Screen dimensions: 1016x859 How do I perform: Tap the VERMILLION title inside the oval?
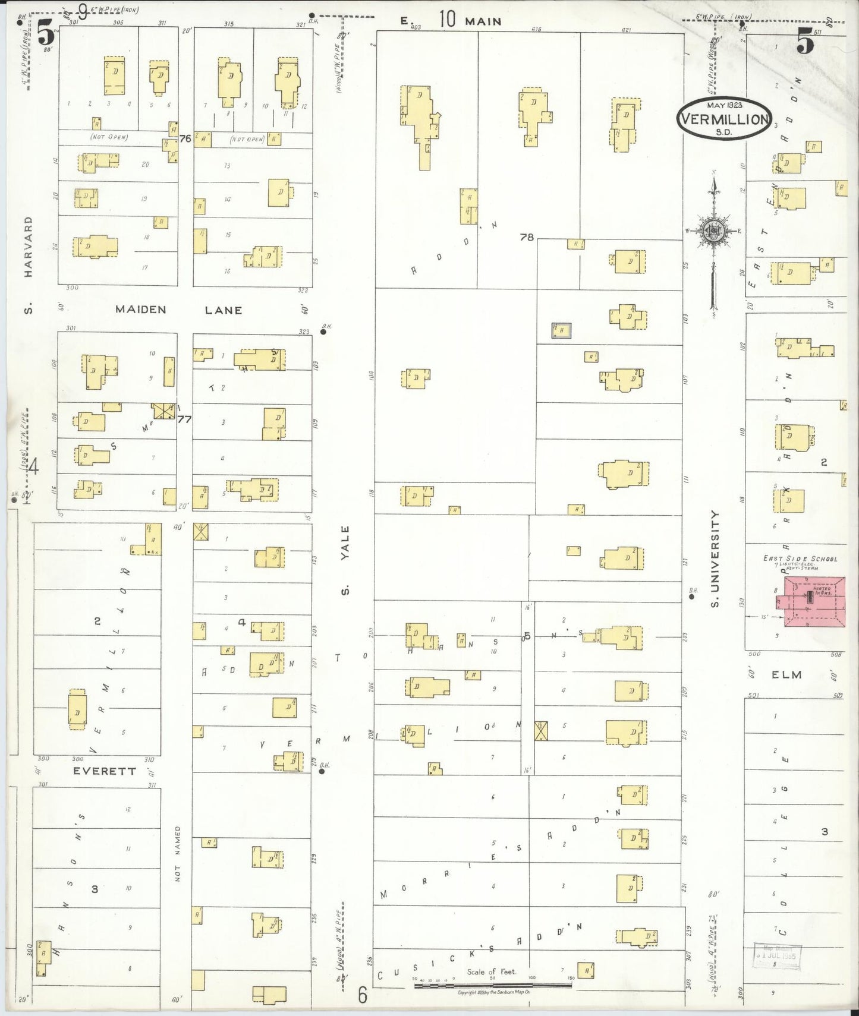click(x=724, y=119)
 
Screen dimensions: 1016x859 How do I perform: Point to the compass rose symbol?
click(x=712, y=231)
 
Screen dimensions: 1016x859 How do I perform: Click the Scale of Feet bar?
click(x=493, y=985)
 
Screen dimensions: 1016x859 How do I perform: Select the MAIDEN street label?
click(x=141, y=310)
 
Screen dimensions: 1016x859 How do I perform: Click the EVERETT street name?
click(x=105, y=771)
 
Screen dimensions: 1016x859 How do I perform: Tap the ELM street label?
click(x=786, y=675)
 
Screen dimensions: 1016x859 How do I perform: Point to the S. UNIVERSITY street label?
click(x=715, y=559)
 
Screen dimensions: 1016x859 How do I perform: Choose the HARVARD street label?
click(x=28, y=247)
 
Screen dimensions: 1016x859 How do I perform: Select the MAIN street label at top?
click(x=483, y=21)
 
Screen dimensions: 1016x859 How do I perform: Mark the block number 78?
click(x=527, y=237)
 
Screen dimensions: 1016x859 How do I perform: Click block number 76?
click(x=185, y=138)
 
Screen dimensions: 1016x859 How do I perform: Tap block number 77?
click(x=184, y=419)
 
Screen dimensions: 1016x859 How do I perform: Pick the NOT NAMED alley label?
click(x=177, y=853)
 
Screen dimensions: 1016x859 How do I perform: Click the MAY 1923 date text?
click(x=724, y=105)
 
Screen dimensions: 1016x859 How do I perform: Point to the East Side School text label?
click(x=800, y=559)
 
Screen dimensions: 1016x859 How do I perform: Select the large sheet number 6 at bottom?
click(x=363, y=995)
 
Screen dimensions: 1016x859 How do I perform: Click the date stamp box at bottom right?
click(x=777, y=957)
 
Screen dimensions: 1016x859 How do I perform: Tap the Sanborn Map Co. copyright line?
click(x=494, y=992)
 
